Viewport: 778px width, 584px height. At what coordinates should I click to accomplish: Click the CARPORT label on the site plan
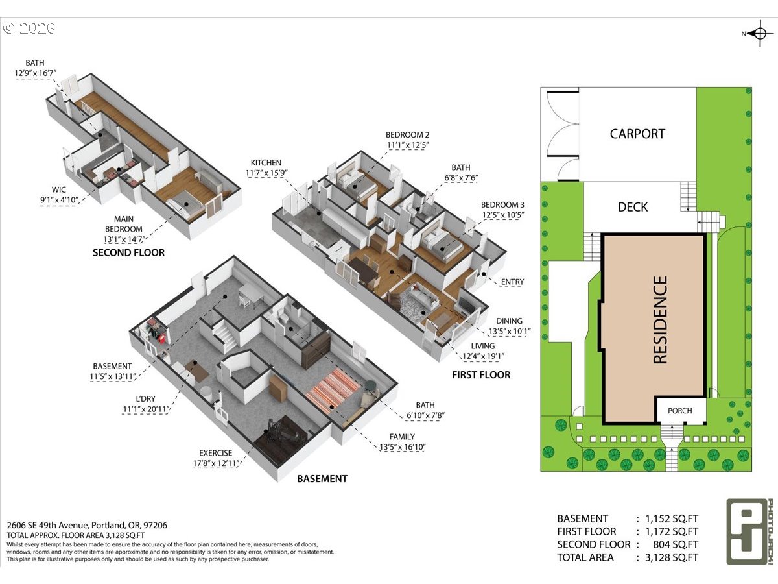(637, 134)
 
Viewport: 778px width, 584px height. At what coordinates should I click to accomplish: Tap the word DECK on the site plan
(633, 207)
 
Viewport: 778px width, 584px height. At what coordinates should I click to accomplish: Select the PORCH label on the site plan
(680, 411)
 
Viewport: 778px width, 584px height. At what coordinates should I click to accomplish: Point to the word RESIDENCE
(660, 320)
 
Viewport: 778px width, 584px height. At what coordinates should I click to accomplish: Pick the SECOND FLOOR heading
(128, 253)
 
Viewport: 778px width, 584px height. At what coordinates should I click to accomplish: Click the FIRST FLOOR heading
(481, 375)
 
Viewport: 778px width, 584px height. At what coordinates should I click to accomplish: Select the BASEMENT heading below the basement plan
(322, 479)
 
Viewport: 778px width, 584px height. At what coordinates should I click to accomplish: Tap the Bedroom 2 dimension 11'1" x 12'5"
(407, 145)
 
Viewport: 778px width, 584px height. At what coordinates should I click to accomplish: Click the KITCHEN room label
(266, 163)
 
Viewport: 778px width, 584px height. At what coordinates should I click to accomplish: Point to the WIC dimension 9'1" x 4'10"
(59, 200)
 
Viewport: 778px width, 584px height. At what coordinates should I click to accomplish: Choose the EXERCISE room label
(215, 453)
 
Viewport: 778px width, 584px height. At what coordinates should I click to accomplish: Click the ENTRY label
(512, 282)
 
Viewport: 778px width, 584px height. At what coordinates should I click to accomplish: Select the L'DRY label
(145, 399)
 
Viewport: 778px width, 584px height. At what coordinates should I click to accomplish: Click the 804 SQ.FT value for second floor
(675, 544)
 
